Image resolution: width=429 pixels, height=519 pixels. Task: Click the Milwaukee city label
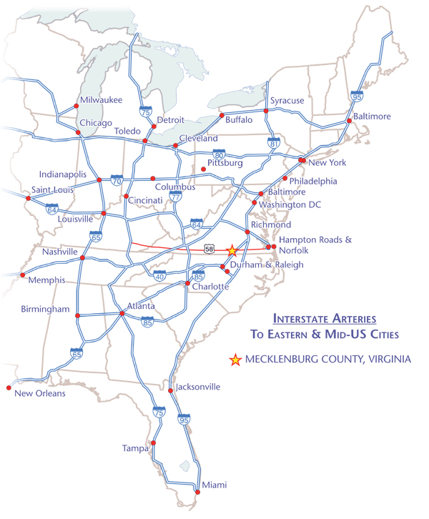click(x=101, y=100)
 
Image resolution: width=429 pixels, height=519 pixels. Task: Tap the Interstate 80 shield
click(x=220, y=154)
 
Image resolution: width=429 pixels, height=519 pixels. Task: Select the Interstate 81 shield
click(x=272, y=143)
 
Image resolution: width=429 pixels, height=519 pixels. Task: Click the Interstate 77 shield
click(x=176, y=196)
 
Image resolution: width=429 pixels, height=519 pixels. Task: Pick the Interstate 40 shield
click(x=159, y=276)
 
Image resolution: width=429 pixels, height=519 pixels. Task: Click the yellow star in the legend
click(x=235, y=360)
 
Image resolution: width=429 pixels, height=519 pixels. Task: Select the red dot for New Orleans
click(x=9, y=387)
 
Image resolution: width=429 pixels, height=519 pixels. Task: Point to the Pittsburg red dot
click(x=204, y=169)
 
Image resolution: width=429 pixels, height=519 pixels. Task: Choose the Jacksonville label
click(x=197, y=387)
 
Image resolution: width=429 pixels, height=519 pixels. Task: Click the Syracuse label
click(x=287, y=101)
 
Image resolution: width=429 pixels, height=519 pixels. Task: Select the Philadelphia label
click(x=312, y=181)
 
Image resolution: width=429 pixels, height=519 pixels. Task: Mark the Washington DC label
click(x=290, y=205)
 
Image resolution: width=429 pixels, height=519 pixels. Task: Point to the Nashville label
click(x=59, y=252)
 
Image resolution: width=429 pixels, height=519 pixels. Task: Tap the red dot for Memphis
click(x=23, y=275)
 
